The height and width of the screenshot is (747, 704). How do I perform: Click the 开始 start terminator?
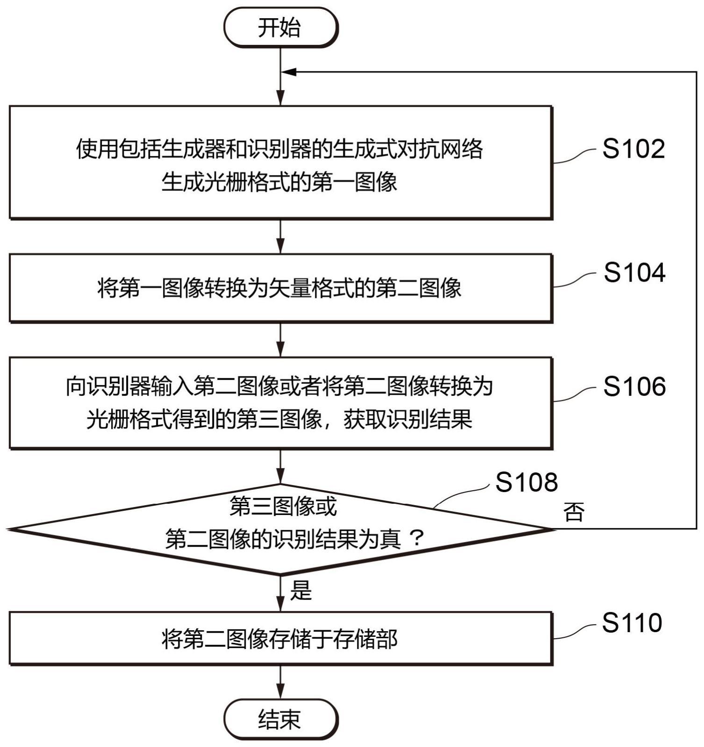(x=280, y=27)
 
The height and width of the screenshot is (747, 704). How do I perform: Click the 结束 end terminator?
(x=280, y=719)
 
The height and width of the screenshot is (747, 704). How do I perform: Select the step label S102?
(x=633, y=149)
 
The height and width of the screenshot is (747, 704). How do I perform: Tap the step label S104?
(x=634, y=273)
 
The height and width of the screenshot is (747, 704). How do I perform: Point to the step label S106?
(x=634, y=387)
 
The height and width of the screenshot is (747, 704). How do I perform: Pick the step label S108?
(x=526, y=482)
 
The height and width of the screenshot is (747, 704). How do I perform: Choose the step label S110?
(x=632, y=623)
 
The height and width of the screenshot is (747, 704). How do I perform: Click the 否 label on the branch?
(x=574, y=512)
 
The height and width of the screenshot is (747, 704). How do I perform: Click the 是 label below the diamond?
(x=300, y=590)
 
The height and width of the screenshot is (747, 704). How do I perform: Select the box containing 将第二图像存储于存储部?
(x=280, y=638)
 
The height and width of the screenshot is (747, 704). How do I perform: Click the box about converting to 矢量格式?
(x=280, y=288)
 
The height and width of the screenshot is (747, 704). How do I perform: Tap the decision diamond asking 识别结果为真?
(x=280, y=529)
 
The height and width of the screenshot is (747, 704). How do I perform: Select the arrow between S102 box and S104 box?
(x=280, y=236)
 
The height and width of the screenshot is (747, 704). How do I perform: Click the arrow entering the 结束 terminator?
(x=280, y=683)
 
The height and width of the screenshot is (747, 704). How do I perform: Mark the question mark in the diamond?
(x=416, y=539)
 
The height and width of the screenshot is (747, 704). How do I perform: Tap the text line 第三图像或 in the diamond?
(x=283, y=507)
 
